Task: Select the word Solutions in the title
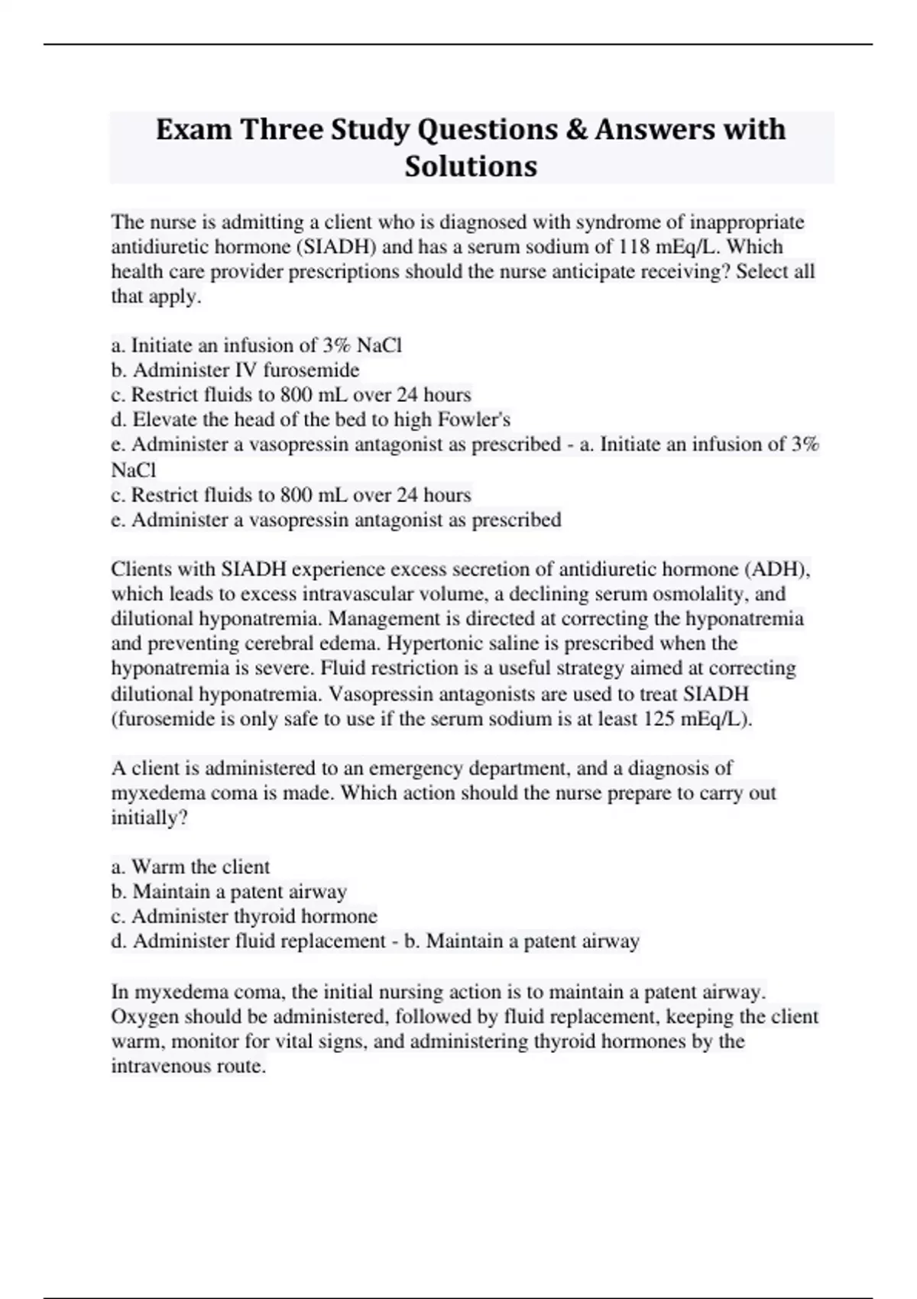pos(471,166)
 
